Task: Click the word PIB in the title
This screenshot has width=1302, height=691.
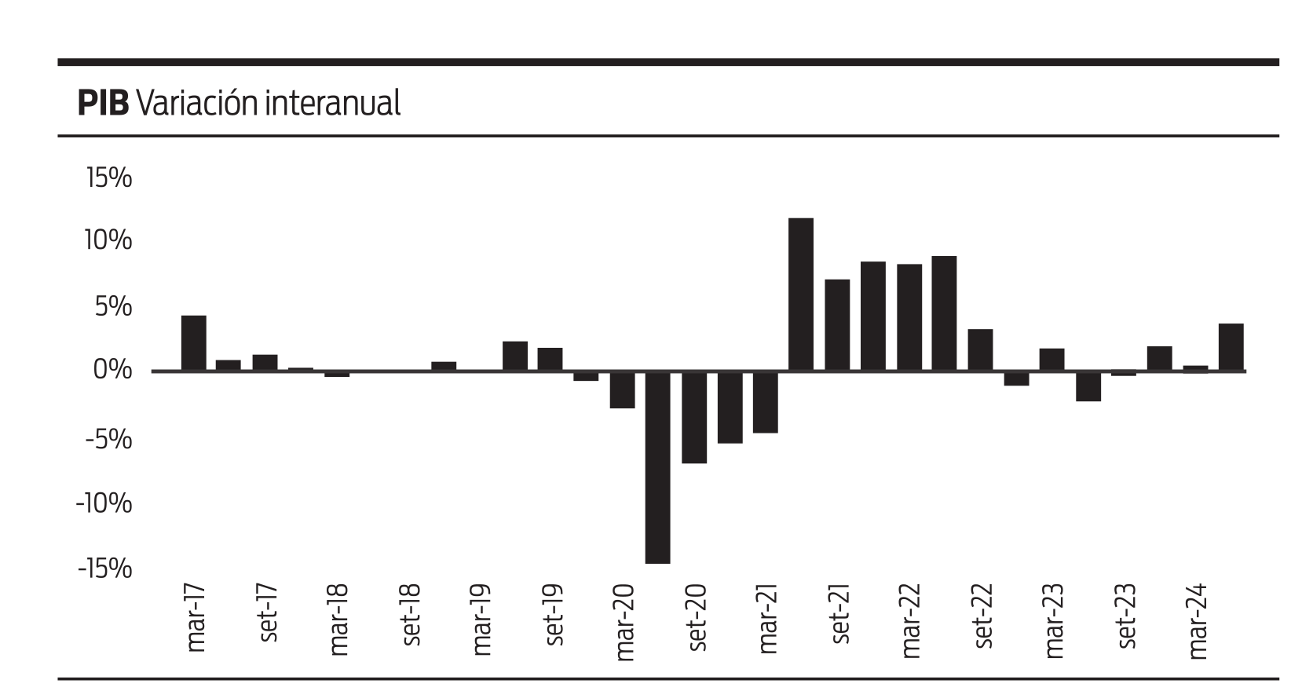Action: pyautogui.click(x=102, y=103)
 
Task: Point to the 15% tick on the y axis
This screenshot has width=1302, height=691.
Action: pyautogui.click(x=108, y=178)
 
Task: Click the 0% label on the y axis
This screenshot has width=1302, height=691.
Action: pyautogui.click(x=112, y=369)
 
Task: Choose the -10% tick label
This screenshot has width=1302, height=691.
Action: pyautogui.click(x=104, y=502)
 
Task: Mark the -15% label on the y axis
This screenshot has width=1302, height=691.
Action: pyautogui.click(x=104, y=568)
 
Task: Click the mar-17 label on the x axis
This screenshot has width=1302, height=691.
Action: pyautogui.click(x=195, y=618)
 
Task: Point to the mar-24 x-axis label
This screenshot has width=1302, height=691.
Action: pyautogui.click(x=1198, y=621)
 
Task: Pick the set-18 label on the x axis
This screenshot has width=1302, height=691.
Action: pyautogui.click(x=411, y=615)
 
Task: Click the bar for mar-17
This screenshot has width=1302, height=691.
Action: pyautogui.click(x=194, y=343)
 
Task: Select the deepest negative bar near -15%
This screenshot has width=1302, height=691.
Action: pyautogui.click(x=658, y=467)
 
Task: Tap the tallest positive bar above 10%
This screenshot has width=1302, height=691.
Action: pyautogui.click(x=801, y=294)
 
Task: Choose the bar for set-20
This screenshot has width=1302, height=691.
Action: pyautogui.click(x=694, y=417)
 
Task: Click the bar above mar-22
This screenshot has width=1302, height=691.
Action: pyautogui.click(x=909, y=317)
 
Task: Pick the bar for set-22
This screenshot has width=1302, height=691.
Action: pyautogui.click(x=980, y=350)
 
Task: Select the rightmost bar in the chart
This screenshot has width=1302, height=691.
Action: pyautogui.click(x=1231, y=347)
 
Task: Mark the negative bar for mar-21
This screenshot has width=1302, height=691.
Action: pyautogui.click(x=766, y=402)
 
